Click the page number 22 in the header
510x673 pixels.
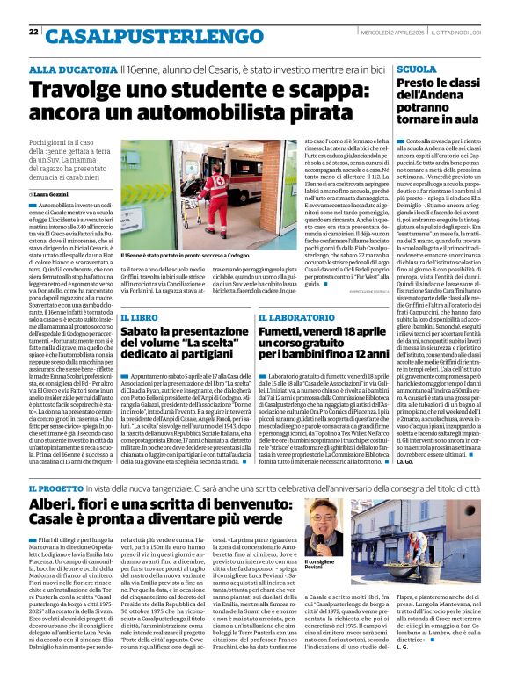[x=33, y=33]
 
